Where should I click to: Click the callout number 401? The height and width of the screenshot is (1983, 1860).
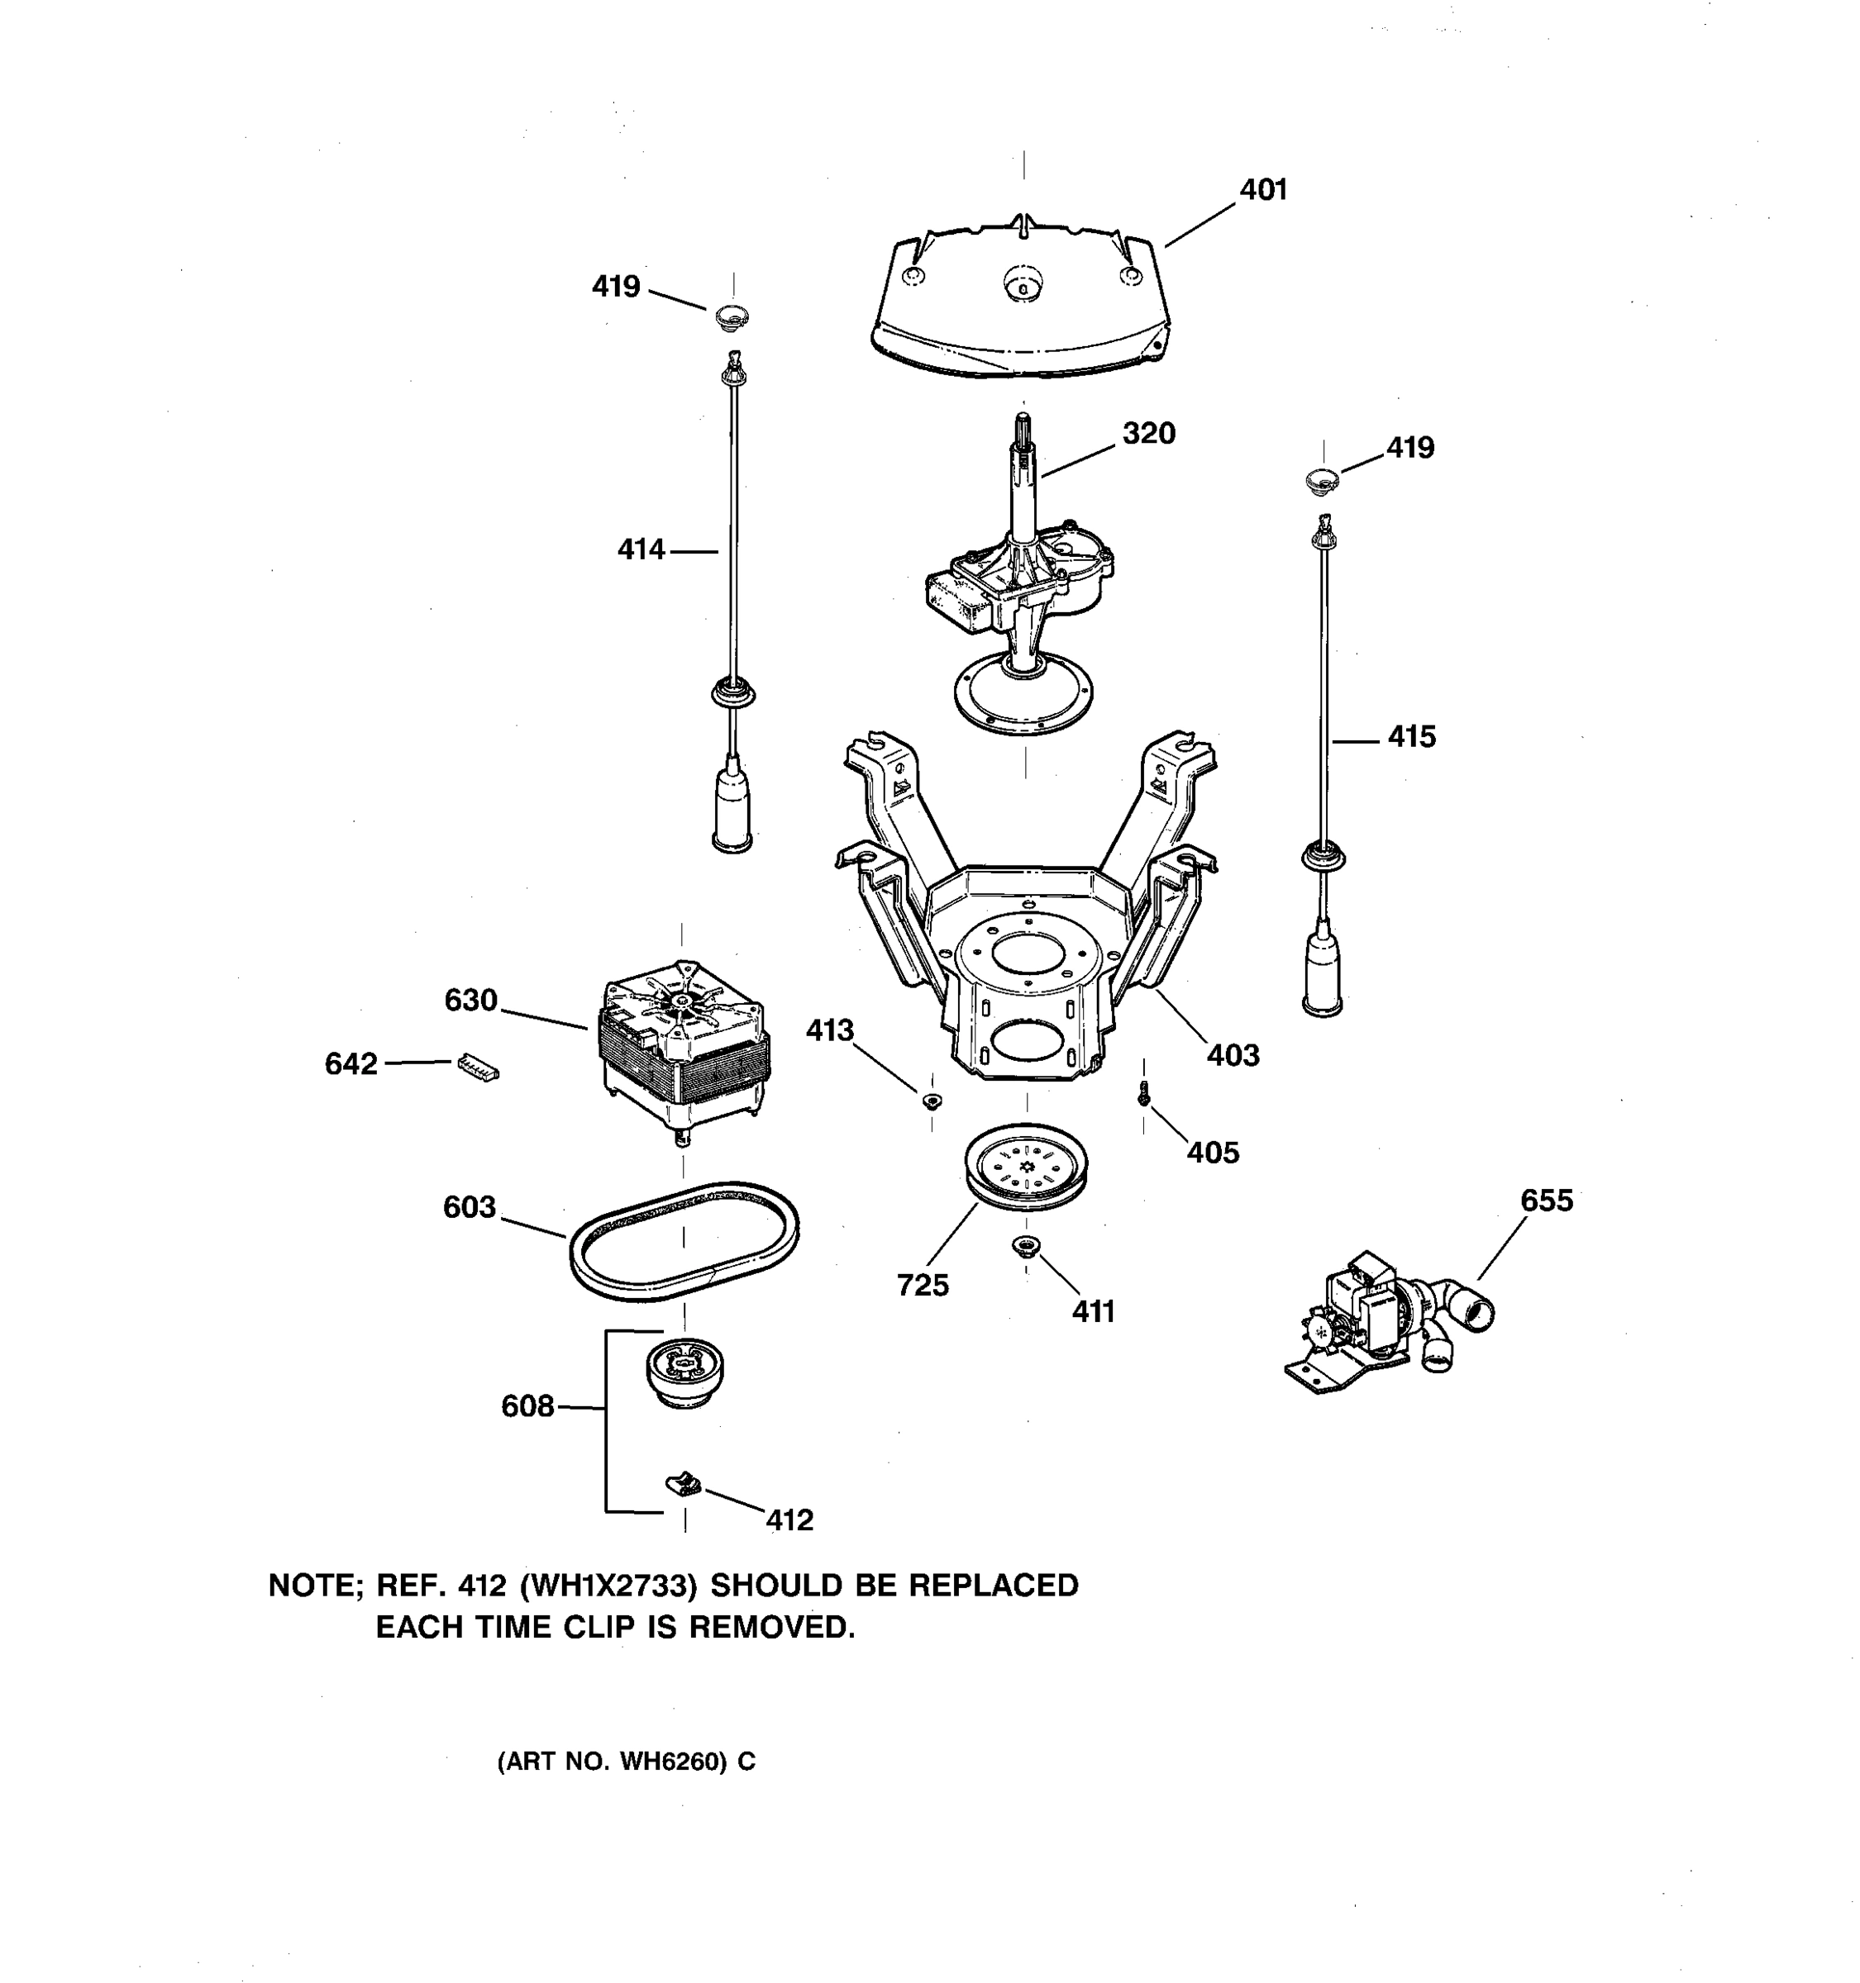pyautogui.click(x=1262, y=189)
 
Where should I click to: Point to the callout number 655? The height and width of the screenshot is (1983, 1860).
pyautogui.click(x=1546, y=1200)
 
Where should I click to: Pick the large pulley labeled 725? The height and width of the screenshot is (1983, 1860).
pyautogui.click(x=1026, y=1167)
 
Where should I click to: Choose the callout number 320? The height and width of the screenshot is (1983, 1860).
pyautogui.click(x=1148, y=433)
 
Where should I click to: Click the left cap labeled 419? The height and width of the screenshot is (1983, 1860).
pyautogui.click(x=732, y=318)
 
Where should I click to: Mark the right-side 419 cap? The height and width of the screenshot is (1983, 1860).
pyautogui.click(x=1322, y=480)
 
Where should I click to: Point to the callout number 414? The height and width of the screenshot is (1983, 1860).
pyautogui.click(x=641, y=549)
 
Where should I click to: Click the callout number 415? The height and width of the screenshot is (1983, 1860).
pyautogui.click(x=1411, y=737)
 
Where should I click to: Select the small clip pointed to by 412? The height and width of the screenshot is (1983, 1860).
pyautogui.click(x=684, y=1486)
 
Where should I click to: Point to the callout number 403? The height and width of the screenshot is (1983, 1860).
pyautogui.click(x=1233, y=1054)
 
